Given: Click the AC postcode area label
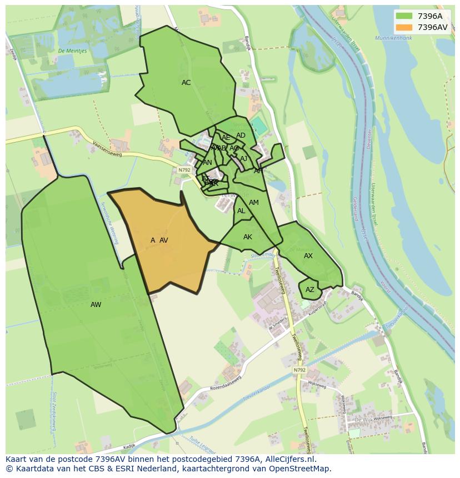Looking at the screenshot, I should click(x=186, y=83).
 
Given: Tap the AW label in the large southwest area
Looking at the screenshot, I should click(x=96, y=305).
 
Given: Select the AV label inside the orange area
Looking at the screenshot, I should click(x=163, y=240).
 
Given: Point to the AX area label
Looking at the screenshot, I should click(x=308, y=256).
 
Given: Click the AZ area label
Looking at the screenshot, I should click(x=309, y=290).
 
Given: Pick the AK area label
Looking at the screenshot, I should click(x=248, y=237).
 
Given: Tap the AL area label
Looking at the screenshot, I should click(x=241, y=211).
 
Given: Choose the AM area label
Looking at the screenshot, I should click(x=253, y=203).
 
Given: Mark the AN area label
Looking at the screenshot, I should click(x=207, y=163).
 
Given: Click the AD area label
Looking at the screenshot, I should click(x=241, y=135).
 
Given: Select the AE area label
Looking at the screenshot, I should click(x=226, y=138).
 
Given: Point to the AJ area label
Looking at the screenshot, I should click(x=243, y=159).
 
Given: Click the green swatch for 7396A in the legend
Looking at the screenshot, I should click(x=404, y=16).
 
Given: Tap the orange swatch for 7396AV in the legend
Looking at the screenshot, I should click(x=404, y=27).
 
